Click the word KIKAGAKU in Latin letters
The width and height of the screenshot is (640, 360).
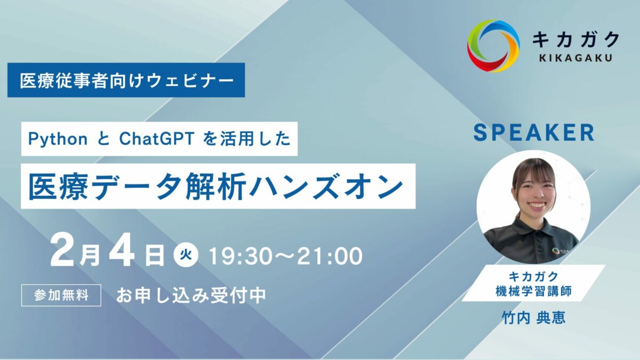pos(575,58)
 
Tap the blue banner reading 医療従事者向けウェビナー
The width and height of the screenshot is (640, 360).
pos(126,80)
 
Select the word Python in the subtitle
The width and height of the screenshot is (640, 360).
pos(58,139)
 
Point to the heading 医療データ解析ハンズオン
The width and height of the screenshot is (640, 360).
pos(216,186)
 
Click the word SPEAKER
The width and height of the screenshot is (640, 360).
pos(534,133)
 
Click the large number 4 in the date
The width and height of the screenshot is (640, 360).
pos(122,251)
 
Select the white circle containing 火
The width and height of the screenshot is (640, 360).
pos(186,254)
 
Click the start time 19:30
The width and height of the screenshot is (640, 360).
pos(242,256)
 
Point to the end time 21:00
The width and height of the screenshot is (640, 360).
pos(330,256)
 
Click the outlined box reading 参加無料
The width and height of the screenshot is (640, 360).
pos(61,295)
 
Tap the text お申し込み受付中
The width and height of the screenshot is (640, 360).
pos(191,295)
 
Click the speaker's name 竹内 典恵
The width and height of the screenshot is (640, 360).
pos(534,318)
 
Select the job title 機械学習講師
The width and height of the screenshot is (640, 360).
pos(534,291)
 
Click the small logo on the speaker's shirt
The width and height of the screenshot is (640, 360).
pos(555,251)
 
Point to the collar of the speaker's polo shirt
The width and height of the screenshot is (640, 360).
pos(534,226)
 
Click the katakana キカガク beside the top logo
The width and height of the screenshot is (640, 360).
pos(575,39)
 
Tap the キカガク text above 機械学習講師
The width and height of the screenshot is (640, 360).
pos(534,277)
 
